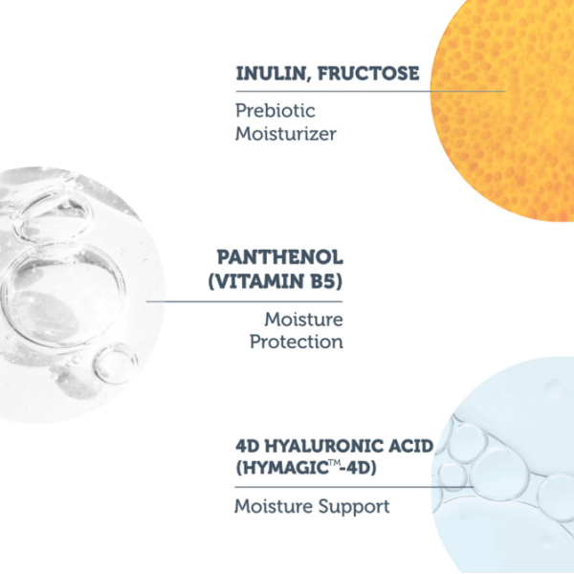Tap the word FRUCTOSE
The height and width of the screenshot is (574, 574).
pyautogui.click(x=368, y=73)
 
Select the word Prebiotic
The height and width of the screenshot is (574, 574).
pyautogui.click(x=275, y=111)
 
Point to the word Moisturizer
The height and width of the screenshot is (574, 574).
pyautogui.click(x=285, y=134)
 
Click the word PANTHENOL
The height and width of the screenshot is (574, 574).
pyautogui.click(x=280, y=257)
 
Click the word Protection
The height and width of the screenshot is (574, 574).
pyautogui.click(x=297, y=342)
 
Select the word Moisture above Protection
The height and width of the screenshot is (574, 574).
pyautogui.click(x=303, y=320)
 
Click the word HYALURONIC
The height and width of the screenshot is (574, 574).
pyautogui.click(x=322, y=446)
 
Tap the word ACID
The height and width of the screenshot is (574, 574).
pyautogui.click(x=410, y=446)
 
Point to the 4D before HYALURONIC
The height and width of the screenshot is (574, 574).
pyautogui.click(x=247, y=446)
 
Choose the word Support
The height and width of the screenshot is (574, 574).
pyautogui.click(x=354, y=507)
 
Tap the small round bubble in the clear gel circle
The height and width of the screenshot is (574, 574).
pyautogui.click(x=115, y=364)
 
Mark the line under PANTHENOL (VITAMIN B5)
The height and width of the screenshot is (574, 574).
pyautogui.click(x=244, y=301)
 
